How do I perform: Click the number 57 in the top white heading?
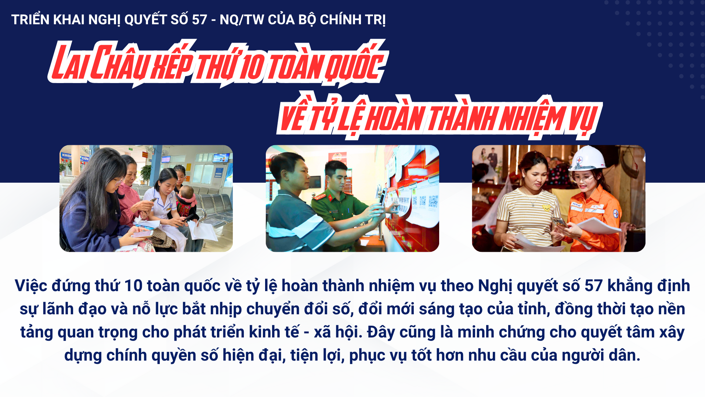pos(199,20)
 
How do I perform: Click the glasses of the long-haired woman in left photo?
pos(118,180)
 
